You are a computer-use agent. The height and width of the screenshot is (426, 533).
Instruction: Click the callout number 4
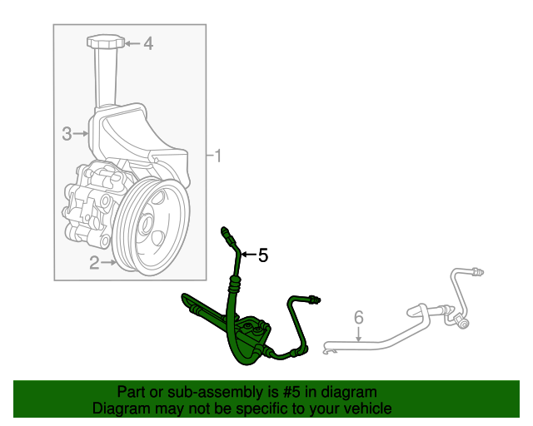tap(148, 43)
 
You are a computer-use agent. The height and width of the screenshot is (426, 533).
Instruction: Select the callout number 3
tap(67, 132)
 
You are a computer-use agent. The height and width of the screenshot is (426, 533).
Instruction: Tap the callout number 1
tap(218, 156)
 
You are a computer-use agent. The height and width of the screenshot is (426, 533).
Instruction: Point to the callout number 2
tap(94, 264)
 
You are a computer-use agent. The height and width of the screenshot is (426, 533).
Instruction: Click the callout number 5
tap(263, 255)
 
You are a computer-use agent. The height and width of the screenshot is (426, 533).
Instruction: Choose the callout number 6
tap(359, 316)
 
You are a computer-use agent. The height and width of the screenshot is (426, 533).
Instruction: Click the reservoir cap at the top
tap(105, 42)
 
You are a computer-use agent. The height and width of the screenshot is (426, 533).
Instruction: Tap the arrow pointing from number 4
tap(132, 43)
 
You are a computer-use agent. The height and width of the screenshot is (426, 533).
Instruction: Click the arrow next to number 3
tap(81, 132)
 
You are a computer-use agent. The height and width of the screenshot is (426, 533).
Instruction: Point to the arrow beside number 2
tap(108, 264)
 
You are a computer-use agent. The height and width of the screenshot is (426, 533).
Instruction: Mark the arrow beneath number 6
tap(359, 334)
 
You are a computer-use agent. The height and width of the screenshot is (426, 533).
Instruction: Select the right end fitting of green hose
tap(315, 299)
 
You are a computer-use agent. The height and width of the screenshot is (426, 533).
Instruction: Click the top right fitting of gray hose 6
tap(478, 270)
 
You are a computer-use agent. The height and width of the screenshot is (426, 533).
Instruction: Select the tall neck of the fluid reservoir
tap(105, 79)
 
